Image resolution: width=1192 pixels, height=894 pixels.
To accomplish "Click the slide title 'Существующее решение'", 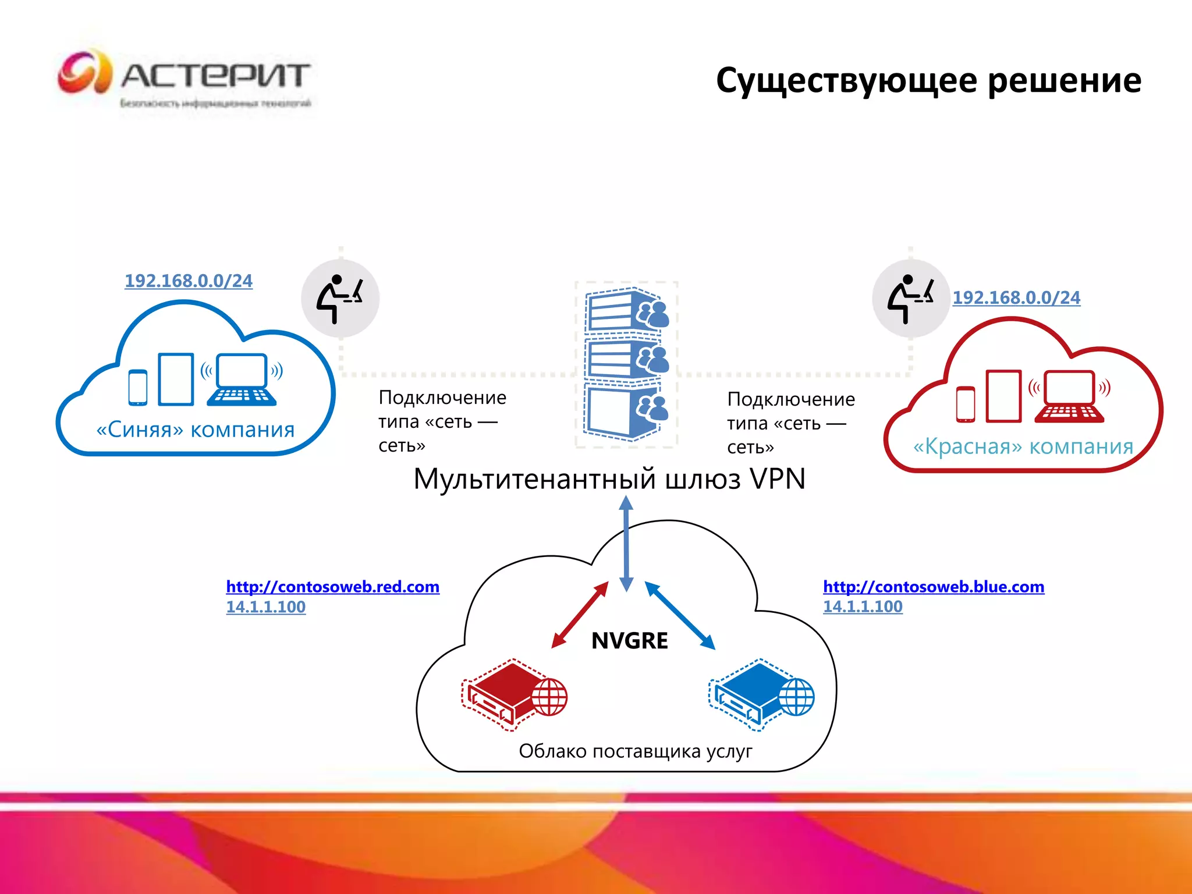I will (x=928, y=80).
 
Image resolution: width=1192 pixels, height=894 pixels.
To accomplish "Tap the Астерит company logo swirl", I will (x=85, y=72).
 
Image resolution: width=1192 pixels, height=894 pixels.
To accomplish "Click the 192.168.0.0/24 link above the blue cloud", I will (x=189, y=281).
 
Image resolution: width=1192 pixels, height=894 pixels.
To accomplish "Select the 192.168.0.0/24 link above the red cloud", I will (x=1016, y=297).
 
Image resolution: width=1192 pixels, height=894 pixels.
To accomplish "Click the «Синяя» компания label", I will (x=196, y=430).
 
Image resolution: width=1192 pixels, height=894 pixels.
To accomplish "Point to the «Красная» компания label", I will (x=1023, y=446).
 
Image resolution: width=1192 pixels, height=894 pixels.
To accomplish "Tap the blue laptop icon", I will (x=242, y=379).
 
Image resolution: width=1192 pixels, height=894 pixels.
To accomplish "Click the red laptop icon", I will (x=1070, y=396).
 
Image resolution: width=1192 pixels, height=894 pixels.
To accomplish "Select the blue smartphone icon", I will (x=138, y=388).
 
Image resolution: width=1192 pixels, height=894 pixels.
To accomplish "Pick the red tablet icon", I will (x=1003, y=396).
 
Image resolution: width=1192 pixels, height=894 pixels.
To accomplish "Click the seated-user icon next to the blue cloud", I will (x=340, y=299).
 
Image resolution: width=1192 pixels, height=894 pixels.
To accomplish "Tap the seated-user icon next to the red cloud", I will (x=911, y=299).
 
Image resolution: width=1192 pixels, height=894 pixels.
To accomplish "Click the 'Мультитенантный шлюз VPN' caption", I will (x=609, y=479).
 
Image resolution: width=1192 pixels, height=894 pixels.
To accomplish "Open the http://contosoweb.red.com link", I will (x=332, y=587).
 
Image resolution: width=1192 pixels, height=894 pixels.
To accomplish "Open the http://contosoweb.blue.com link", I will (x=934, y=587).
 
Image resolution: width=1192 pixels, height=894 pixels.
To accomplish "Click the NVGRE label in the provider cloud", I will (x=630, y=641).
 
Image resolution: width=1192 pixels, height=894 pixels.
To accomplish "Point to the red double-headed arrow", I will (x=580, y=615).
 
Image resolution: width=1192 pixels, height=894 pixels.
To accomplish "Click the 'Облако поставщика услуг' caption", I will (x=636, y=751).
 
